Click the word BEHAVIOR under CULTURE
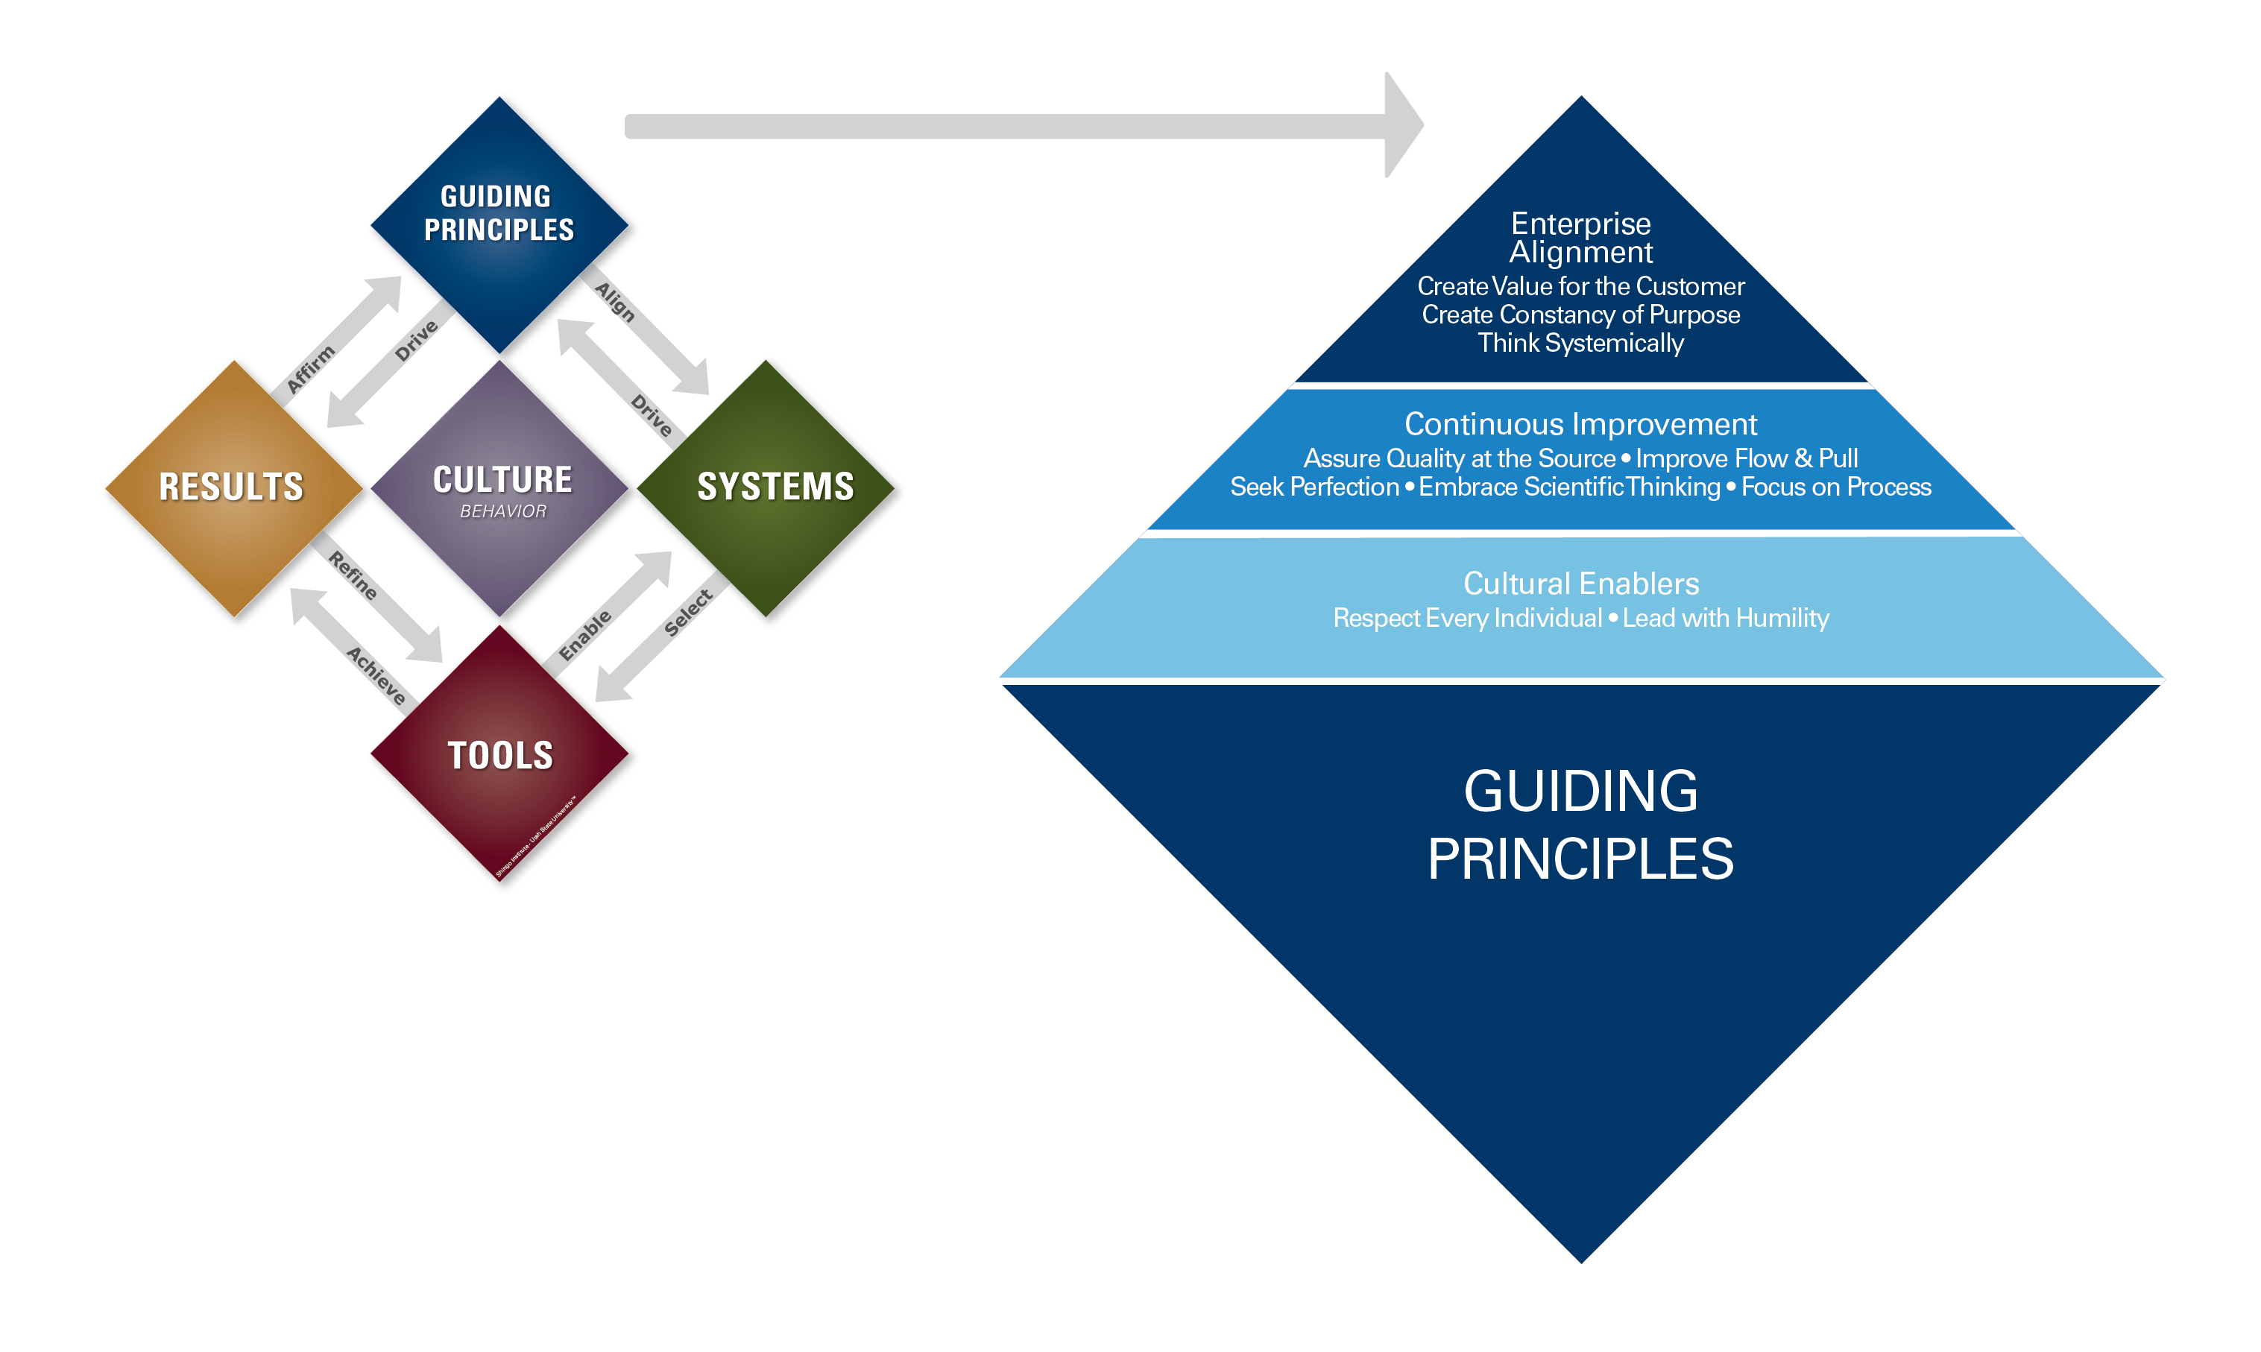pyautogui.click(x=503, y=511)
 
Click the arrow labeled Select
pyautogui.click(x=660, y=639)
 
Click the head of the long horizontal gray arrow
pyautogui.click(x=1402, y=126)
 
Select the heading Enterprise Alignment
pyautogui.click(x=1580, y=237)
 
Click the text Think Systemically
pyautogui.click(x=1580, y=344)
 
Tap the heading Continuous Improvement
pyautogui.click(x=1580, y=425)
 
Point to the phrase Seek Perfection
pyautogui.click(x=1314, y=487)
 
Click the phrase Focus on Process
pyautogui.click(x=1835, y=487)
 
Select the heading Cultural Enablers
pyautogui.click(x=1580, y=583)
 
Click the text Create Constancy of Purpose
pyautogui.click(x=1580, y=315)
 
